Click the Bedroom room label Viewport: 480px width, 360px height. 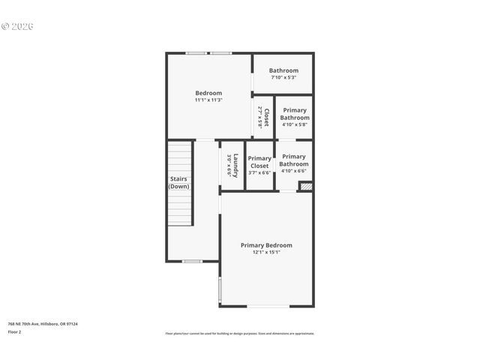pos(208,93)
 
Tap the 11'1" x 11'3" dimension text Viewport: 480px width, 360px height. pos(208,100)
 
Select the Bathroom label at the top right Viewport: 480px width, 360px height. pos(283,70)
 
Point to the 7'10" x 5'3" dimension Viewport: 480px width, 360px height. pos(283,77)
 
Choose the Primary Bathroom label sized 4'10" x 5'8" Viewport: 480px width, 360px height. pos(294,114)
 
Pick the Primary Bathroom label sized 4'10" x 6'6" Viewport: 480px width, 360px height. pos(294,160)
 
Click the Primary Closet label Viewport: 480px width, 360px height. pos(259,162)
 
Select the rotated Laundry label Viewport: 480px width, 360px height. pos(235,165)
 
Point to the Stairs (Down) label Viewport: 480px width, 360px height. pos(178,182)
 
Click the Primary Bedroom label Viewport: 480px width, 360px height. pos(266,245)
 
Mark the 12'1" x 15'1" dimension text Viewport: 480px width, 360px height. pos(266,253)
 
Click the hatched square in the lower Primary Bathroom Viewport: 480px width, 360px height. pos(304,185)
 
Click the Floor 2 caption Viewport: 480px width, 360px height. pos(14,331)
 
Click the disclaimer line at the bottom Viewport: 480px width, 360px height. pos(240,333)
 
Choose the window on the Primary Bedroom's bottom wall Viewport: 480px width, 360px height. pos(268,306)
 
